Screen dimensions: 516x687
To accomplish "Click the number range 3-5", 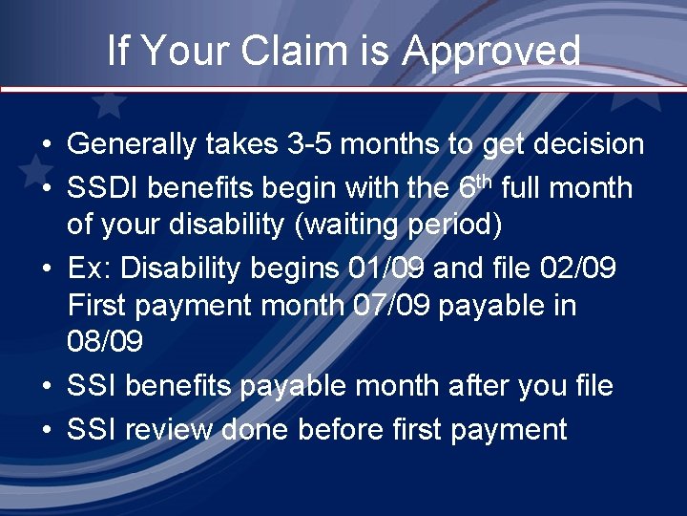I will [309, 145].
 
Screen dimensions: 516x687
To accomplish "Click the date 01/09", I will [384, 269].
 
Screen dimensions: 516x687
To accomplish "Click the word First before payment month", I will [102, 307].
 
